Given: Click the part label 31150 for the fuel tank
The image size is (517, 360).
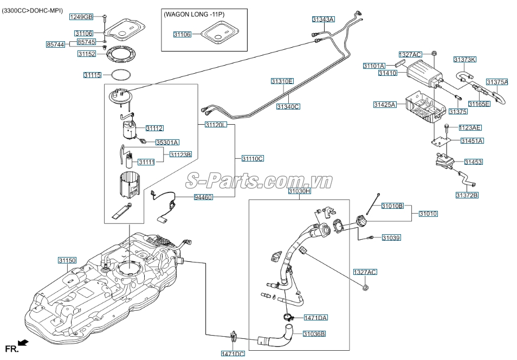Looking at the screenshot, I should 67,260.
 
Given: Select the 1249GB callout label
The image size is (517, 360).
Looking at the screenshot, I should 81,17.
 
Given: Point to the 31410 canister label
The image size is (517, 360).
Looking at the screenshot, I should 388,73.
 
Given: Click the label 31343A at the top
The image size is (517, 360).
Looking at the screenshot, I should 323,19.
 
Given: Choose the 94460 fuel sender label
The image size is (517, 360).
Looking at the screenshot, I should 203,197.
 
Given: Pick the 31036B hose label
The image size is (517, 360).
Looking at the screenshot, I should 314,334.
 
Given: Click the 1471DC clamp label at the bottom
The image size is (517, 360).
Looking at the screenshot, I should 233,353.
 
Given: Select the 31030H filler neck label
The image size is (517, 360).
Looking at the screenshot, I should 299,191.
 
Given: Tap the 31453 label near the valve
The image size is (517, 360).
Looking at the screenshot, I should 473,162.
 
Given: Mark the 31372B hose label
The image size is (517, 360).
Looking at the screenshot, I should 467,195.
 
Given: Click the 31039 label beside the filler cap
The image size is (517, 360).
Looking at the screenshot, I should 391,237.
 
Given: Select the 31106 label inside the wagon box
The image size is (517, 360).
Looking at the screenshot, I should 182,34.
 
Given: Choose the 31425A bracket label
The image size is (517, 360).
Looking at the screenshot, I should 385,104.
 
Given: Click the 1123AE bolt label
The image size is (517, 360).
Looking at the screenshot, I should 470,127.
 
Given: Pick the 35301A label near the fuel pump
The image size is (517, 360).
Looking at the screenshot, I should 167,142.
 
